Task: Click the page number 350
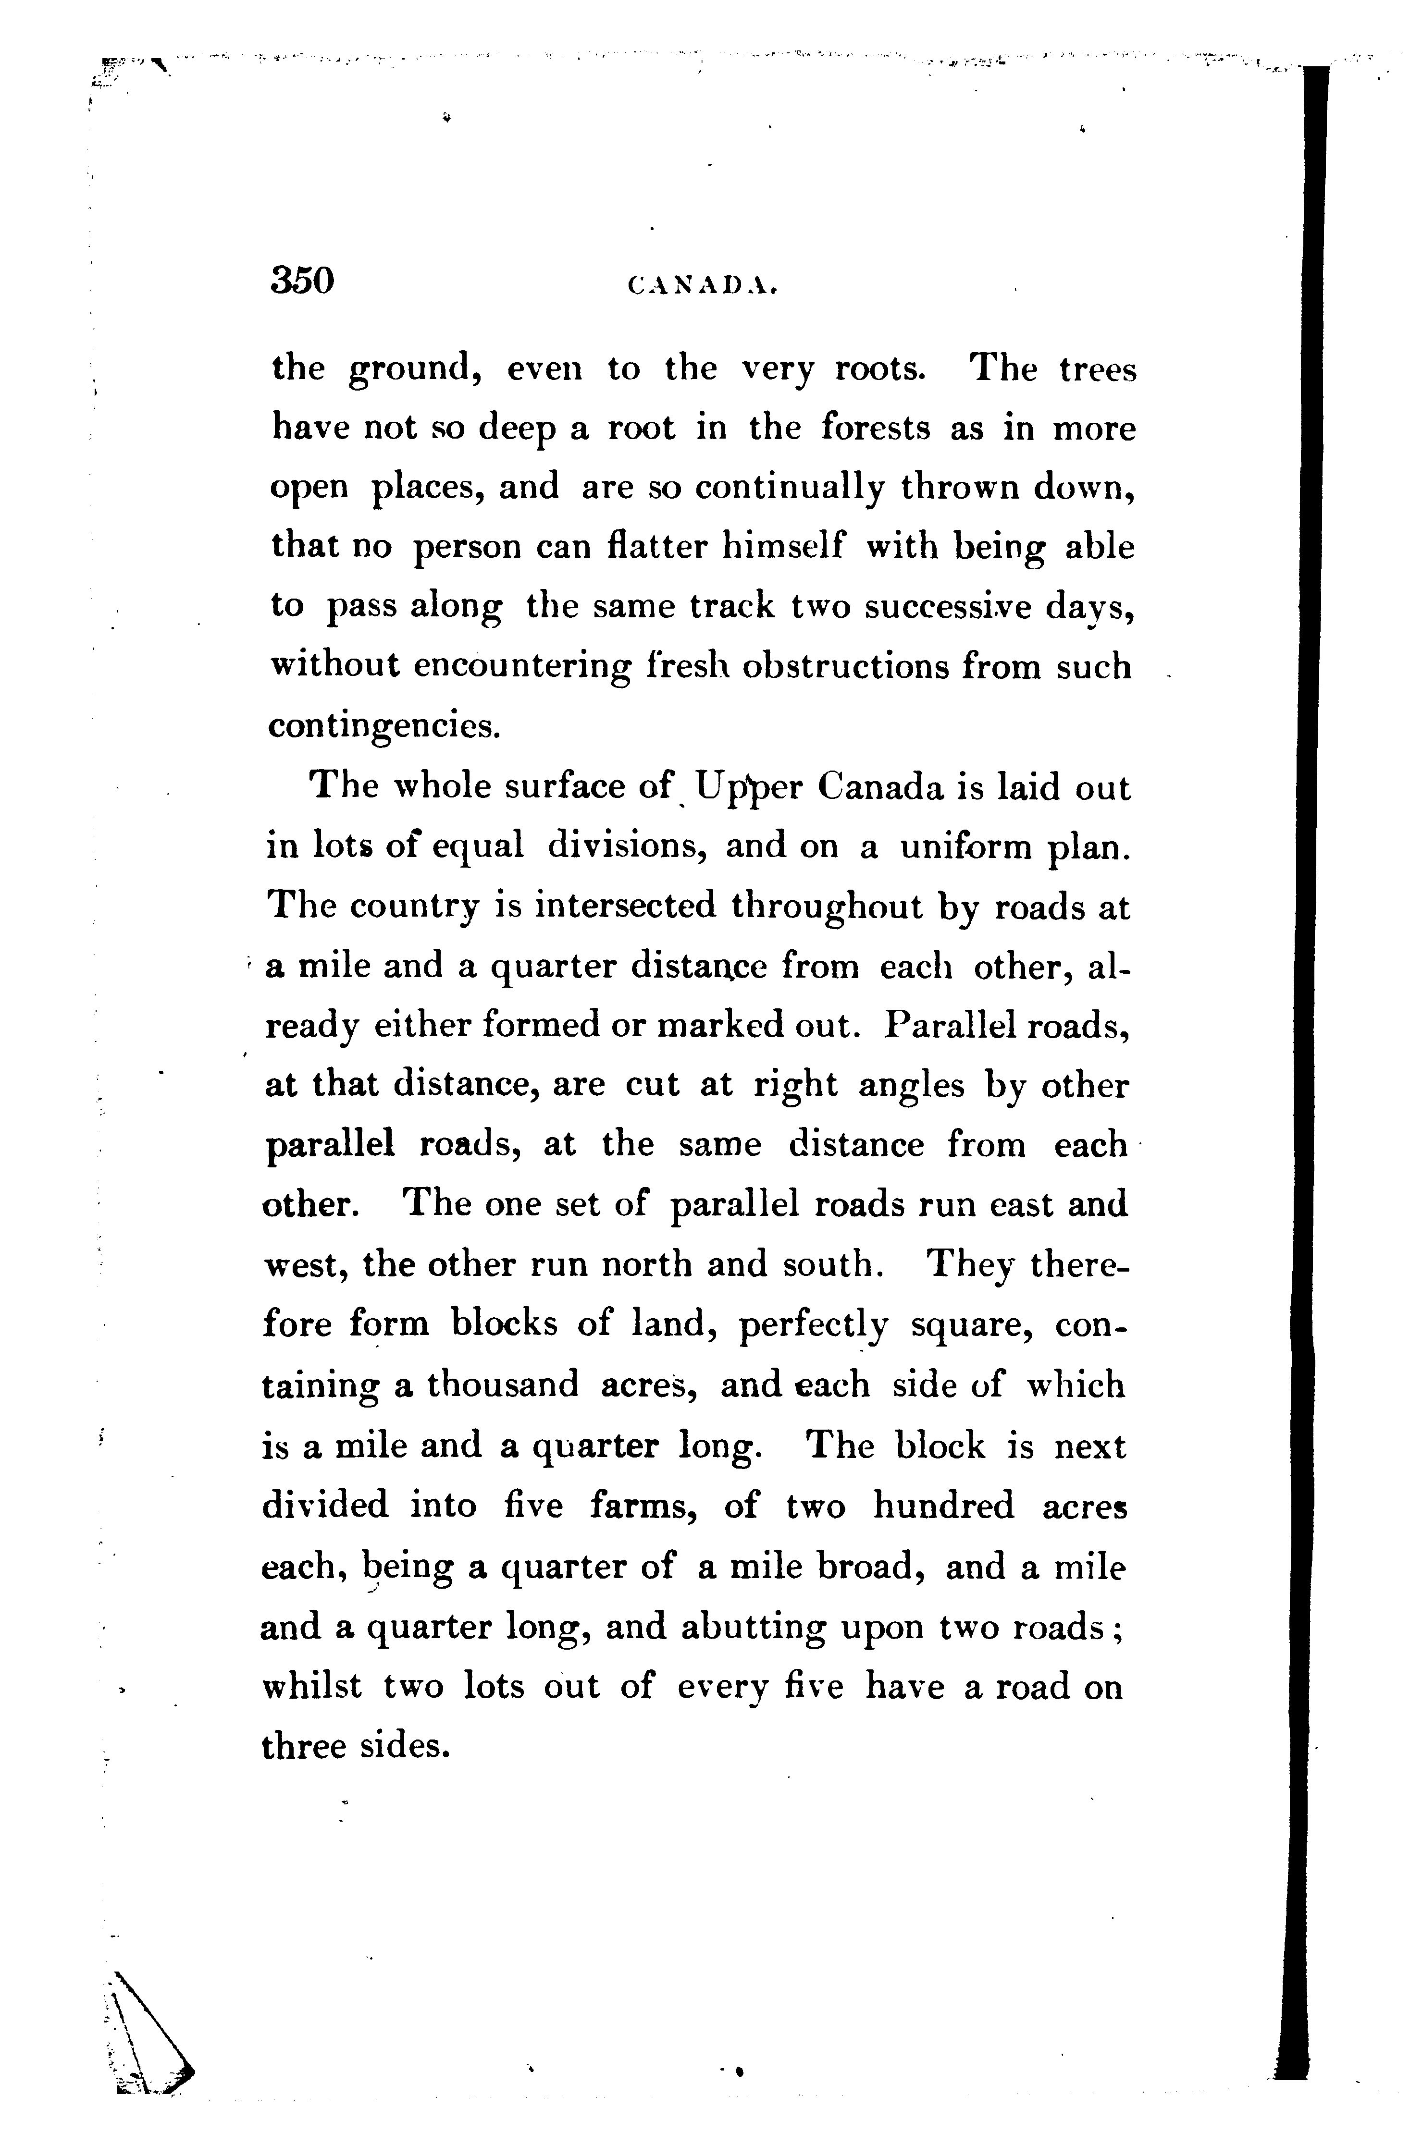point(302,281)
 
